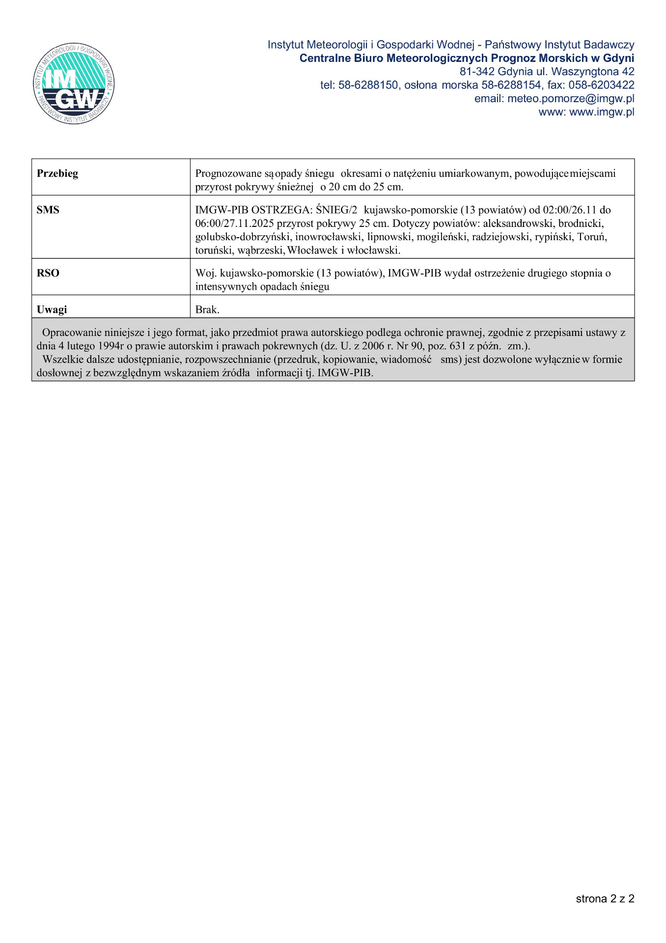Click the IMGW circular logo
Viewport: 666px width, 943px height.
pyautogui.click(x=74, y=83)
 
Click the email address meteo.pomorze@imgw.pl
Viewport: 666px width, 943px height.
pyautogui.click(x=570, y=99)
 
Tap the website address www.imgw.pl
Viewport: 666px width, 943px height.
pyautogui.click(x=601, y=112)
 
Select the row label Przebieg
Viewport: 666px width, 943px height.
pyautogui.click(x=57, y=173)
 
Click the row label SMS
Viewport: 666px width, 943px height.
pyautogui.click(x=48, y=210)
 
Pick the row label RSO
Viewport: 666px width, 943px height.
pyautogui.click(x=48, y=273)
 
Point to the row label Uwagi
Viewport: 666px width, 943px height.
pyautogui.click(x=52, y=309)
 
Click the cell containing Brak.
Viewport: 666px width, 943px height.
pyautogui.click(x=207, y=309)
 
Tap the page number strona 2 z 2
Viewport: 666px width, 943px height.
pyautogui.click(x=605, y=898)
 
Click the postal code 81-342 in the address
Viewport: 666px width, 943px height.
pyautogui.click(x=476, y=72)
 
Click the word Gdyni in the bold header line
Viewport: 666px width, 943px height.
pyautogui.click(x=618, y=58)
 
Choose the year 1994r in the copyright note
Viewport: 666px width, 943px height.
pyautogui.click(x=111, y=346)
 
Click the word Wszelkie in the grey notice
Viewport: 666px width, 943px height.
pyautogui.click(x=62, y=359)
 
